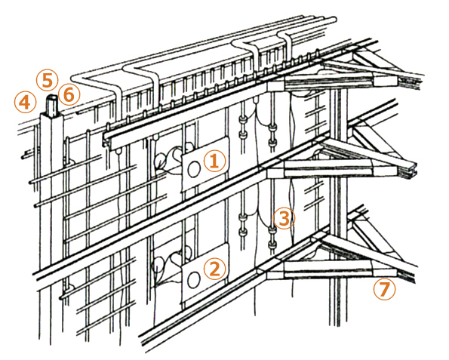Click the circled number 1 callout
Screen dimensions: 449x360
[215, 161]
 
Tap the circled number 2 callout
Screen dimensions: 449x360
[215, 269]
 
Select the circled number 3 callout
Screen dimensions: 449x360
[284, 219]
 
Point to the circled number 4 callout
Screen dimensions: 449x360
[25, 102]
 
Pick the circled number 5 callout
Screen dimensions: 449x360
[48, 81]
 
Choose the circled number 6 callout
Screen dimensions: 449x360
[69, 94]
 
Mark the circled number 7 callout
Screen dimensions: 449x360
[385, 289]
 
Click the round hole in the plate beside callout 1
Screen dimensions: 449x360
[194, 169]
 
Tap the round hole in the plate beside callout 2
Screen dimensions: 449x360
[194, 279]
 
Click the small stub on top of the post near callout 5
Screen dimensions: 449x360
[52, 106]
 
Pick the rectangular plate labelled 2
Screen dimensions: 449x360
[205, 274]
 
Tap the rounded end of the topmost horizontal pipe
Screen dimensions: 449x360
[334, 20]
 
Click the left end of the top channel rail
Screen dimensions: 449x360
[106, 140]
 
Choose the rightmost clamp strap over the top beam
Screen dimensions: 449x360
[286, 46]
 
